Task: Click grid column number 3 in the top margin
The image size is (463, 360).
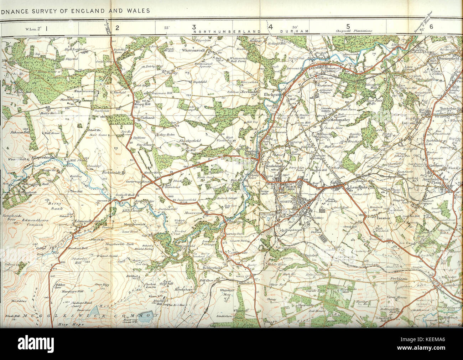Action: [x=194, y=27]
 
